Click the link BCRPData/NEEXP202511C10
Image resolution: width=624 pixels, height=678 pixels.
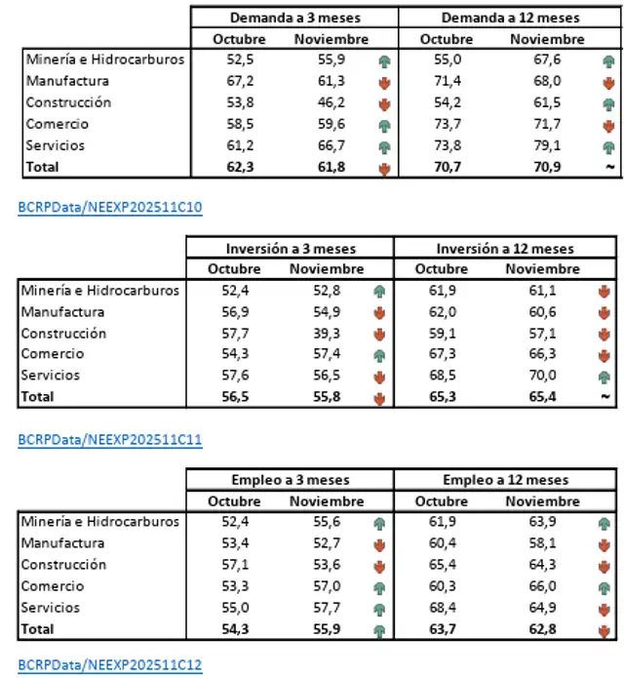[x=110, y=209]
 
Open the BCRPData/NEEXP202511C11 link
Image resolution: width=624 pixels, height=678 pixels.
[x=110, y=439]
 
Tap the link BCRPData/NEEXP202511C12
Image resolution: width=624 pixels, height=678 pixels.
[x=110, y=665]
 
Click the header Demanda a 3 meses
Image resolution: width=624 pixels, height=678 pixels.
[x=293, y=18]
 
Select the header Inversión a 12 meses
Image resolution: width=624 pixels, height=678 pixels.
[x=505, y=249]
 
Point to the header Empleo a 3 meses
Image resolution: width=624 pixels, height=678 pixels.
[x=291, y=480]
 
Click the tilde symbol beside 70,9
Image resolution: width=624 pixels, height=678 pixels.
[x=609, y=168]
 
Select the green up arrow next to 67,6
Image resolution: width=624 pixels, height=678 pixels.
[x=609, y=60]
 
